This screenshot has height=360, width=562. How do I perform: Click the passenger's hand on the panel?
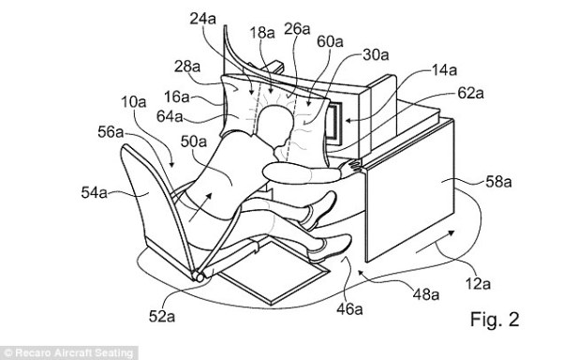click(x=349, y=166)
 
